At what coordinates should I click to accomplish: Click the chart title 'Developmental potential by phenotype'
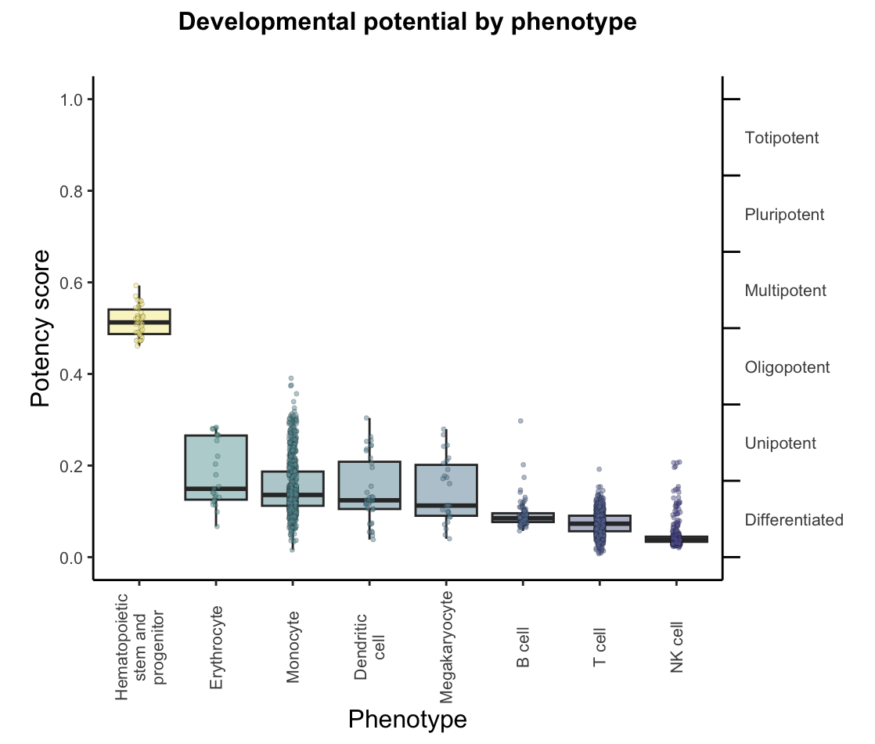tap(407, 23)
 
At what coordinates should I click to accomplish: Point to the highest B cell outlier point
tap(520, 421)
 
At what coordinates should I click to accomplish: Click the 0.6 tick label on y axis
tap(71, 283)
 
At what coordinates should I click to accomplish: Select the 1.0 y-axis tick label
tap(71, 99)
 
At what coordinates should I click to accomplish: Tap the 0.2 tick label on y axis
tap(71, 466)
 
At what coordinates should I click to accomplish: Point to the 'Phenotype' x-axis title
tap(407, 719)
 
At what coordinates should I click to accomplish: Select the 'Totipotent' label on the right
tap(782, 138)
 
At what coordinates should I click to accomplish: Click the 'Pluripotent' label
tap(784, 215)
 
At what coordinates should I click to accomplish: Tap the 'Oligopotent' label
tap(787, 367)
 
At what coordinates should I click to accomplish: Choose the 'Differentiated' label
tap(794, 520)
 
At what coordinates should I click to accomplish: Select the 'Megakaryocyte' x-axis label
tap(446, 648)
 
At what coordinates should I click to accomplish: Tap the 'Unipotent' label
tap(780, 443)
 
